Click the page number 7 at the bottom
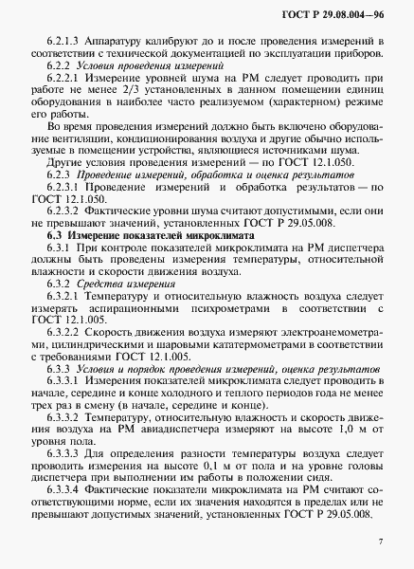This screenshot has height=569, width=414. [x=379, y=541]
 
